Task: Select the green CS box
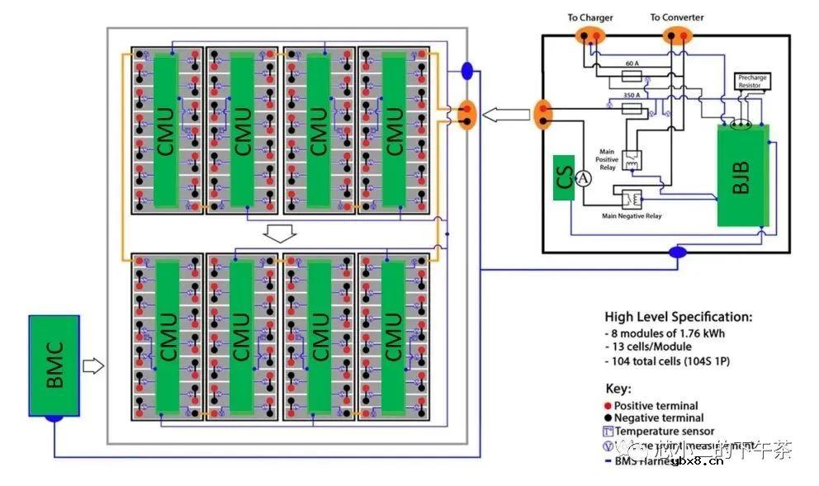point(564,177)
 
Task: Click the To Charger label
point(590,17)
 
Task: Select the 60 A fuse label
point(632,64)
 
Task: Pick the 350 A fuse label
point(633,95)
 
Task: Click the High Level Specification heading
point(678,317)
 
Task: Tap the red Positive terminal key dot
point(608,406)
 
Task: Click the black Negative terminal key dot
point(608,418)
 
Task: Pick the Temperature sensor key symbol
point(608,432)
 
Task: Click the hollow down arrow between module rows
point(281,234)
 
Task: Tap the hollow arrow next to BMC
point(94,365)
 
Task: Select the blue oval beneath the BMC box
point(54,419)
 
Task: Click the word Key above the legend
point(618,388)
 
